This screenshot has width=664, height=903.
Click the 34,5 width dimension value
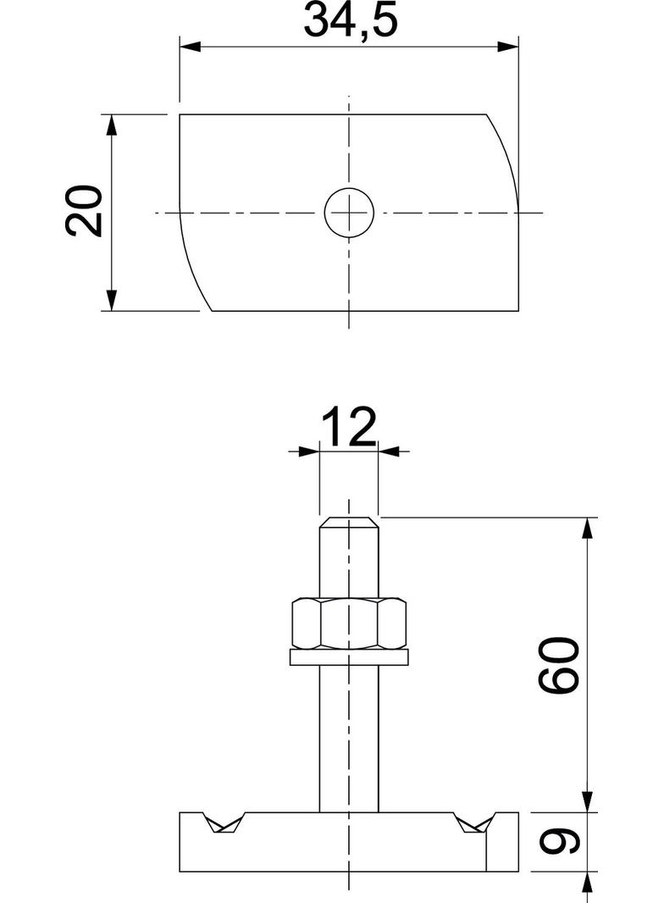(349, 23)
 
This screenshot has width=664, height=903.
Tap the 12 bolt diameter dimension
(348, 429)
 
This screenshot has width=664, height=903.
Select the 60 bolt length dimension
(561, 666)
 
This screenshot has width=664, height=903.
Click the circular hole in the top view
(349, 212)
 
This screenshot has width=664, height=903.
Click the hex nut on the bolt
(349, 623)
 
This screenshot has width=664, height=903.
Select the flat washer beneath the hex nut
(349, 656)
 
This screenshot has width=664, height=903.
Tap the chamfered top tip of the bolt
(349, 521)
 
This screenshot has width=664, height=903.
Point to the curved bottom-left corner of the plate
(192, 271)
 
